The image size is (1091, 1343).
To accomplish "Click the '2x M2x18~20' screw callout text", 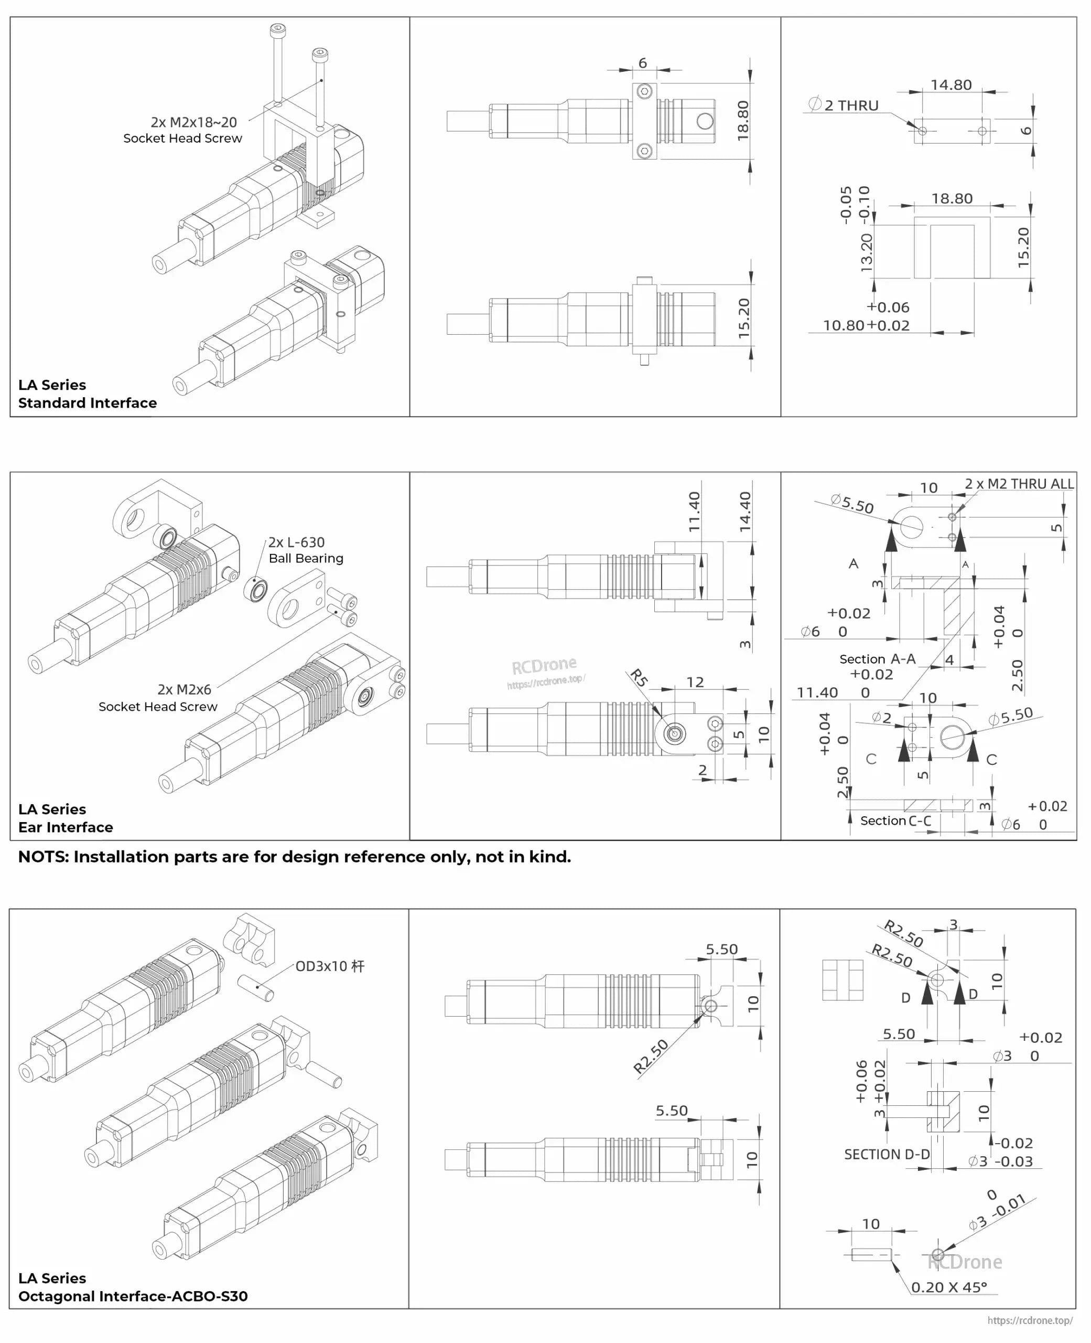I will (x=193, y=122).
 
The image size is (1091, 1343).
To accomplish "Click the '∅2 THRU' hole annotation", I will (x=844, y=105).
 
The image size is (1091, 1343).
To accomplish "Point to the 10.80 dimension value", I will (x=844, y=326).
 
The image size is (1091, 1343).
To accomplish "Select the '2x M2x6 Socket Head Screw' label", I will (x=158, y=698).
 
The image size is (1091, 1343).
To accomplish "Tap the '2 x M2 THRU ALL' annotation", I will (x=1019, y=484).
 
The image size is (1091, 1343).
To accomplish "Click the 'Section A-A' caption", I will (x=877, y=659).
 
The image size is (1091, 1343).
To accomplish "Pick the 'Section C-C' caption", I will (x=895, y=820).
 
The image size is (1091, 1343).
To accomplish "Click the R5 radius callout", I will (x=639, y=678).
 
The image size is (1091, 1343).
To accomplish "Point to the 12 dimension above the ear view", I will (x=695, y=682).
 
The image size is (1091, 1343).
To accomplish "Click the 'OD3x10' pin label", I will (x=329, y=966).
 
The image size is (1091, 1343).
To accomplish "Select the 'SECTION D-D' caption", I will (x=886, y=1154).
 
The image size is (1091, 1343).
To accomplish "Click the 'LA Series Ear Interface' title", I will (x=66, y=818).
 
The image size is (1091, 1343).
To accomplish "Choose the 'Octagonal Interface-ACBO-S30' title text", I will (x=133, y=1296).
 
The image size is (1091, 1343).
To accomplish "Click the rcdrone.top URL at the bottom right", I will (x=1030, y=1320).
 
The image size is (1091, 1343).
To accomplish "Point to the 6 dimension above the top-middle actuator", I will (x=642, y=63).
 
